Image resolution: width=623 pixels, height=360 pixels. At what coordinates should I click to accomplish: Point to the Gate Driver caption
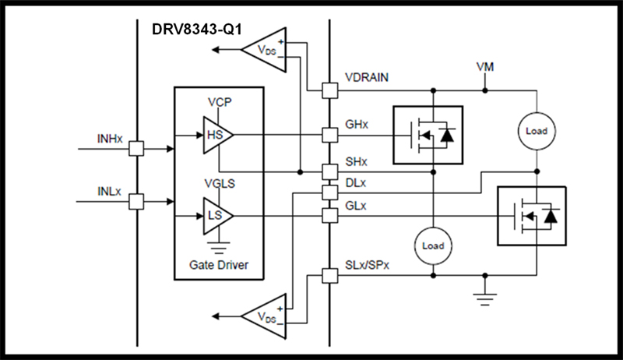pos(219,264)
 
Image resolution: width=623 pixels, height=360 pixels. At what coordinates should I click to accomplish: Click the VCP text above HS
pos(220,103)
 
